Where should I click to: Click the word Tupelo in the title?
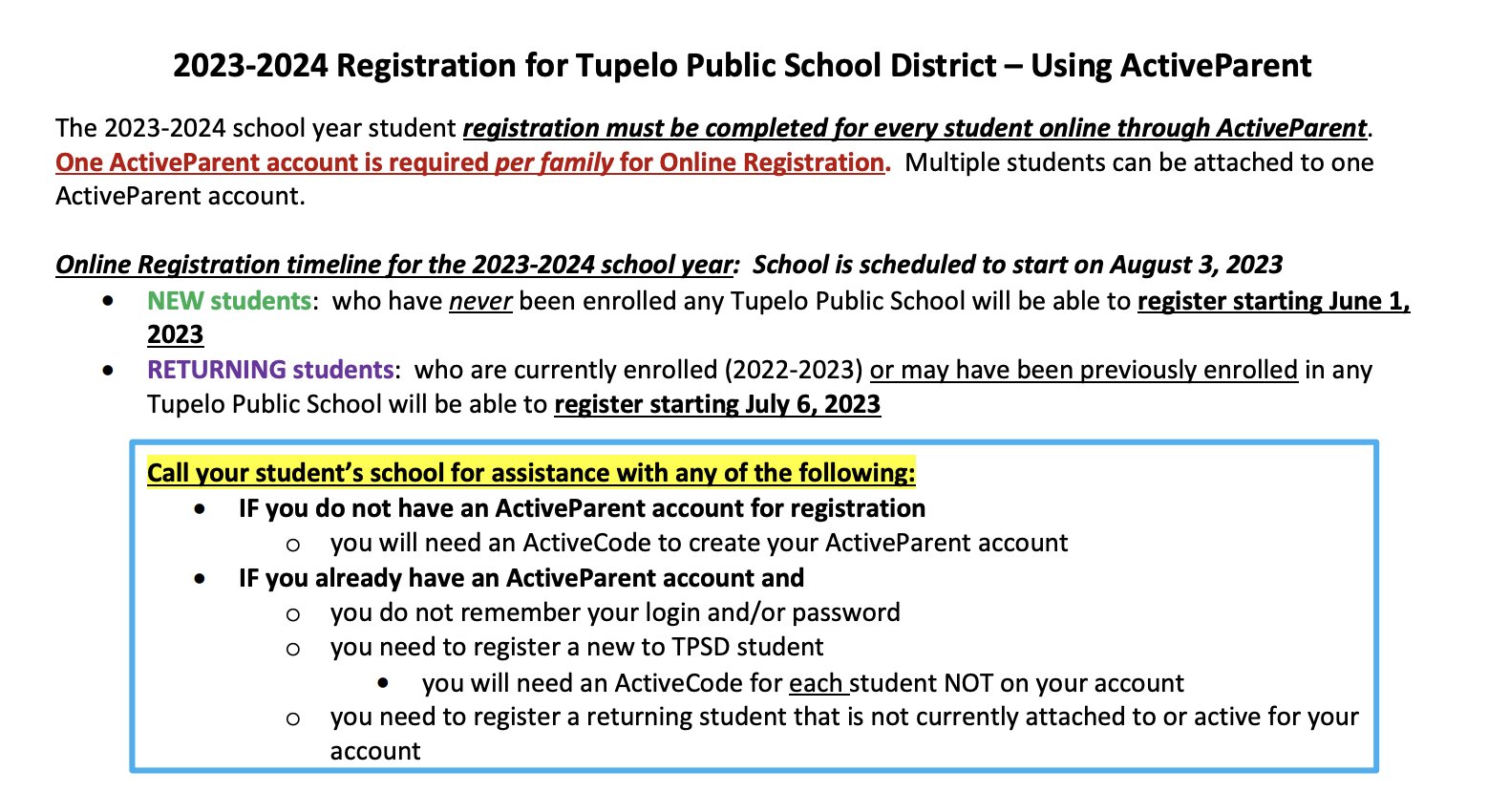coord(620,65)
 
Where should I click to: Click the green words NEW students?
coord(228,301)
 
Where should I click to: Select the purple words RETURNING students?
coord(269,370)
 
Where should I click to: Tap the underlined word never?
coord(480,301)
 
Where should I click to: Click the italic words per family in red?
coord(554,162)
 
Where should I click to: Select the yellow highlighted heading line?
coord(531,473)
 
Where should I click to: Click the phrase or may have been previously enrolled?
coord(1083,370)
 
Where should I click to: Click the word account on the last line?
coord(374,752)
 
